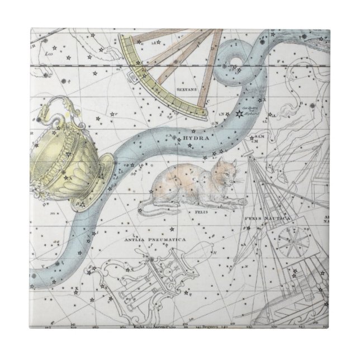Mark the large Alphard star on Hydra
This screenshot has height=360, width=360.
pyautogui.click(x=239, y=114)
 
